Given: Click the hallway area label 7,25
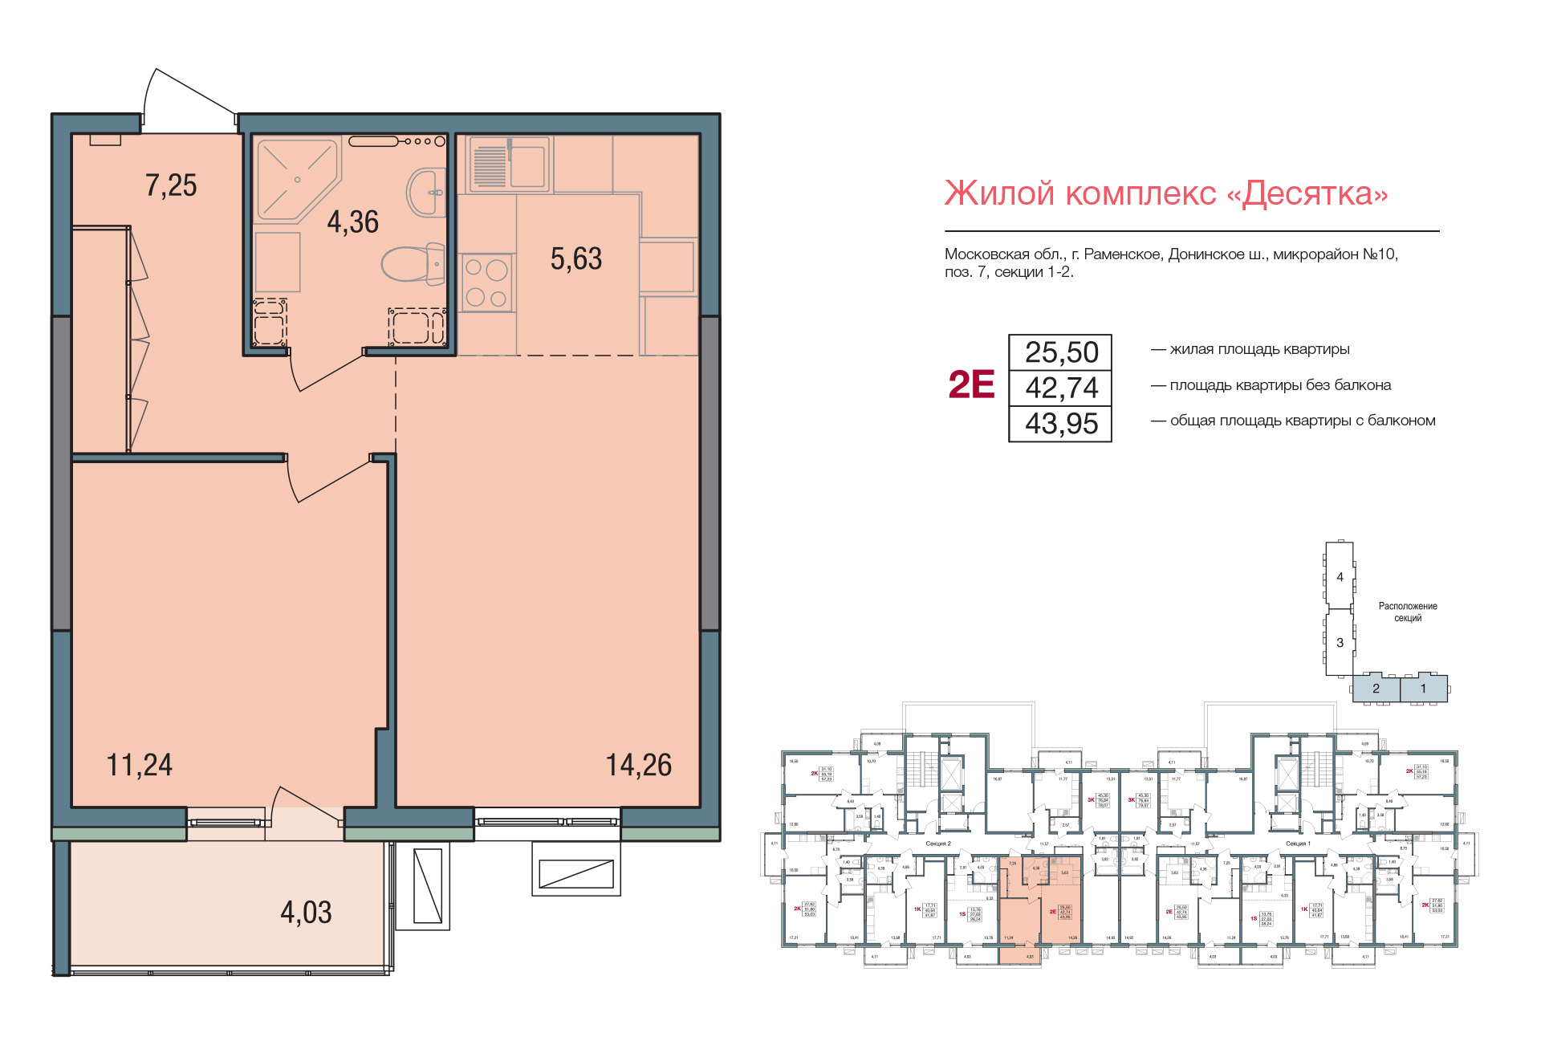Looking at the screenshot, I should (x=171, y=185).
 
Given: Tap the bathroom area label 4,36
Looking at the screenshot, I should (x=352, y=222).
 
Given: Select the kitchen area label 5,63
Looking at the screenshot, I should (x=575, y=258).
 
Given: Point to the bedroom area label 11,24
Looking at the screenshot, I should (x=140, y=765).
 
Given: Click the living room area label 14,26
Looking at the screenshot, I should (x=638, y=765).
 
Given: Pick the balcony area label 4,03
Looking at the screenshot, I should (x=306, y=913).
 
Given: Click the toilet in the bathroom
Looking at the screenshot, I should (x=413, y=263).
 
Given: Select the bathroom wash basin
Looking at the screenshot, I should (x=427, y=192).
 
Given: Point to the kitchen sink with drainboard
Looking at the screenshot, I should (x=509, y=165).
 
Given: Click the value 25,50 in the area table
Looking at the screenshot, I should (x=1061, y=352).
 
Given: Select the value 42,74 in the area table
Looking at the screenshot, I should (x=1061, y=388).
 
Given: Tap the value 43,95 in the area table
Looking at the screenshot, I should (x=1061, y=424).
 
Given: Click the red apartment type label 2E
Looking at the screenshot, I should (x=971, y=385).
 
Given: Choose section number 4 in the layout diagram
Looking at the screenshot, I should (x=1340, y=577).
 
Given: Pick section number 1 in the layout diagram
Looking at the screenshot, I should (x=1423, y=689).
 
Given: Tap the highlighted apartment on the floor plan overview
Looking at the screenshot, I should (x=1040, y=907).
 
